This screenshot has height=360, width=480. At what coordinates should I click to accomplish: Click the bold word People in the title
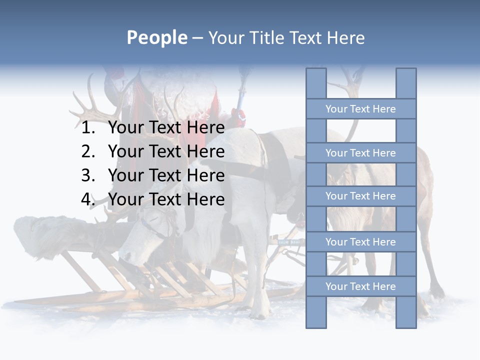156,37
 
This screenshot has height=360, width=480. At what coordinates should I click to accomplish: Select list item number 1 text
166,127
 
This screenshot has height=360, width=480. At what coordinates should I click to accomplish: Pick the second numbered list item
166,151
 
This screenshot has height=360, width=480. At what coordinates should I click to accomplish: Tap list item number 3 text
166,175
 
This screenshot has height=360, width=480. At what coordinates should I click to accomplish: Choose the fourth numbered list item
166,199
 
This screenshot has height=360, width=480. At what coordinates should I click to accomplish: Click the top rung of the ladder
360,109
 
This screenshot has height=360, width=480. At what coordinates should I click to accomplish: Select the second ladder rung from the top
360,153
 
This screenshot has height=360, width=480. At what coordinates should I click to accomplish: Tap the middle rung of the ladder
360,196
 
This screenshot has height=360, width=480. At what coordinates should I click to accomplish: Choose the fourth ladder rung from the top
360,242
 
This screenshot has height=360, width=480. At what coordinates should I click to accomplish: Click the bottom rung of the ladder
360,286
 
